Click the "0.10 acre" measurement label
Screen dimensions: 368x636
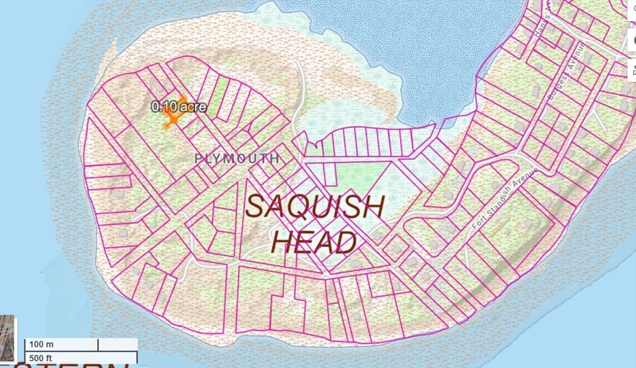(179, 107)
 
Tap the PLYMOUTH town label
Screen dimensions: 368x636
(237, 159)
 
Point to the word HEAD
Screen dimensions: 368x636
(315, 242)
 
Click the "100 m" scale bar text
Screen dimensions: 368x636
(42, 344)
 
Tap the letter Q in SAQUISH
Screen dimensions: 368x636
(299, 206)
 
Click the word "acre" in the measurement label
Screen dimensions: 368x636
(193, 107)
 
